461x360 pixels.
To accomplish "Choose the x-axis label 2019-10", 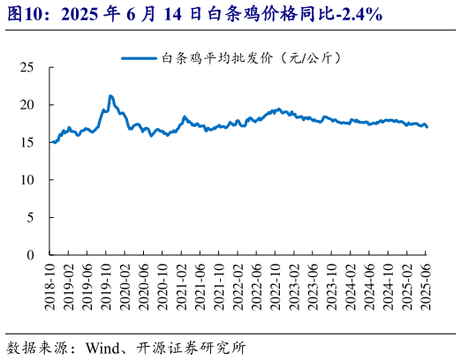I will tap(107, 286).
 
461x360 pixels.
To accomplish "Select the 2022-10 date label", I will tap(276, 286).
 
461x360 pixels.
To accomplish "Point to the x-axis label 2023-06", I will tap(314, 286).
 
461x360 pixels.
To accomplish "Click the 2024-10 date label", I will tap(389, 286).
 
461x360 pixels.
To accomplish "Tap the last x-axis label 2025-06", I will tap(427, 286).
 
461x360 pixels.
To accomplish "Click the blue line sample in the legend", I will tap(139, 58).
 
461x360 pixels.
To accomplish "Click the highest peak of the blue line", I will tap(110, 95).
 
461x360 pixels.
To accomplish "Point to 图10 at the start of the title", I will tap(23, 15).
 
